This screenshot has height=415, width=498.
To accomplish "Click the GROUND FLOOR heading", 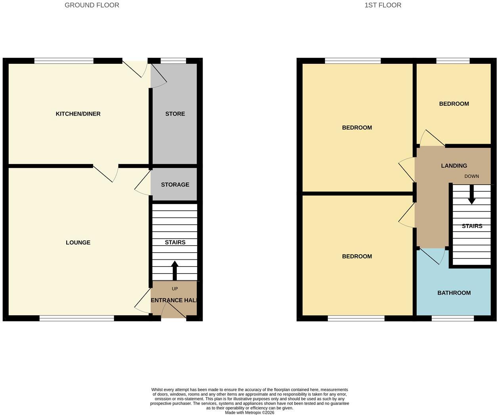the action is pos(92,5).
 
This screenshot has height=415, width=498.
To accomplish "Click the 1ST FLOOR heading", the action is pos(383,5).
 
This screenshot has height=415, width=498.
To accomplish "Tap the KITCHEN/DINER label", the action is pos(78,114).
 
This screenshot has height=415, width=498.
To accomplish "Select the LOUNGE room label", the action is pos(78,242).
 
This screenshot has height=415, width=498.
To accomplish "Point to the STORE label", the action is pos(175,114).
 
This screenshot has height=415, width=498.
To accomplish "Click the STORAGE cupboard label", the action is pos(175,185).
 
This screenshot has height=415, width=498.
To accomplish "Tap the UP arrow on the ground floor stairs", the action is pos(175,270).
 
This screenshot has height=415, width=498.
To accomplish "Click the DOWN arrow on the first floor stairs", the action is pos(471,194).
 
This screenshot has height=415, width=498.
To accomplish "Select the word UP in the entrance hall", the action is pos(175,289).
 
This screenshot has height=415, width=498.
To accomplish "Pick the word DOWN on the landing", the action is pos(471,176).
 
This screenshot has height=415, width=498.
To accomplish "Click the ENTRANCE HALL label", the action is pos(174,300).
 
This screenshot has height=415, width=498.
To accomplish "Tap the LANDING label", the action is pos(454,166).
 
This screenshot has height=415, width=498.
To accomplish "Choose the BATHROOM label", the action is pos(454,293).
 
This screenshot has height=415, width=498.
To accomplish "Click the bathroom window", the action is pos(453,318).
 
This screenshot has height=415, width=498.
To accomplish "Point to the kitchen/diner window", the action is pos(64,61).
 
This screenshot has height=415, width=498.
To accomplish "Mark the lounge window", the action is pos(77,318).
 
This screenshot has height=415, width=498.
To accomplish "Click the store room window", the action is pos(173,61).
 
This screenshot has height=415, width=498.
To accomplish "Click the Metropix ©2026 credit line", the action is pos(249,412).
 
